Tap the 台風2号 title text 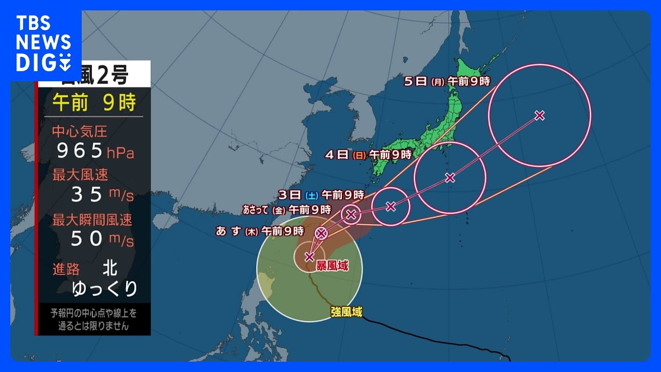pyautogui.click(x=98, y=76)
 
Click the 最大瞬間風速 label pyautogui.click(x=92, y=220)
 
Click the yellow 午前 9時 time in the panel pyautogui.click(x=94, y=103)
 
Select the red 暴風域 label pyautogui.click(x=332, y=266)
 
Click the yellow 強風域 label pyautogui.click(x=347, y=312)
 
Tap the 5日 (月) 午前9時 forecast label pyautogui.click(x=447, y=81)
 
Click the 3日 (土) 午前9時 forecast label pyautogui.click(x=321, y=195)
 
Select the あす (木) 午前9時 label pyautogui.click(x=260, y=231)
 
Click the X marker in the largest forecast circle pyautogui.click(x=540, y=116)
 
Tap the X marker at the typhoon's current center pyautogui.click(x=309, y=256)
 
